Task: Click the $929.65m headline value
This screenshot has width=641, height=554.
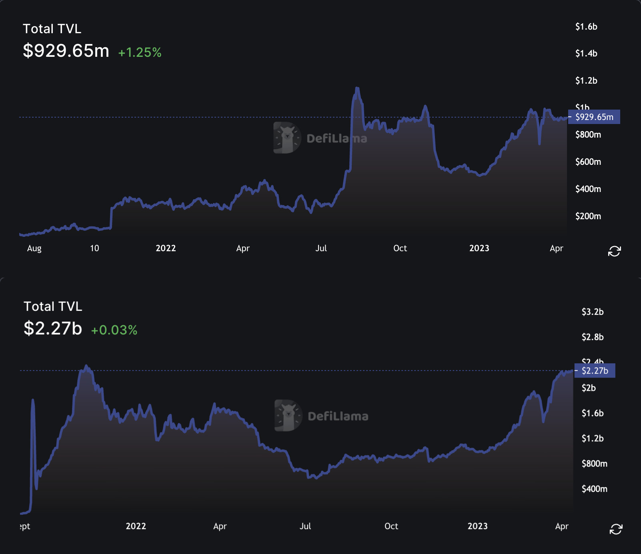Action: pyautogui.click(x=66, y=51)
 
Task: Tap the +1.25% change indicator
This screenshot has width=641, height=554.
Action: pyautogui.click(x=140, y=52)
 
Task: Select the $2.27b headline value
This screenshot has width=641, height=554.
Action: pyautogui.click(x=53, y=328)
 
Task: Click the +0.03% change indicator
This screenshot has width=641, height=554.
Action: pyautogui.click(x=114, y=330)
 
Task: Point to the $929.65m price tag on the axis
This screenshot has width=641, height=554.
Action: pyautogui.click(x=594, y=117)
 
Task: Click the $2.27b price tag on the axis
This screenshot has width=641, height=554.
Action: pyautogui.click(x=595, y=370)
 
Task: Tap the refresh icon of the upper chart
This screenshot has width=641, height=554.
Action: pyautogui.click(x=614, y=251)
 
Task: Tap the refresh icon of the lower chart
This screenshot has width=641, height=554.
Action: pyautogui.click(x=616, y=529)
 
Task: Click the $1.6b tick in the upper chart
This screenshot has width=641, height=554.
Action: pyautogui.click(x=586, y=27)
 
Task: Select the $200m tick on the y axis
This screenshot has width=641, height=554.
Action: pyautogui.click(x=588, y=216)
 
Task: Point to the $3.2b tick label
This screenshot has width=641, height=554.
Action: pyautogui.click(x=592, y=312)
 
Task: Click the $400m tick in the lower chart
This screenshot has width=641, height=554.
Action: pyautogui.click(x=594, y=489)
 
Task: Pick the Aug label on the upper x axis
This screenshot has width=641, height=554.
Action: pyautogui.click(x=34, y=248)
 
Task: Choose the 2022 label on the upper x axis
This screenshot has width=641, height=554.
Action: pyautogui.click(x=166, y=248)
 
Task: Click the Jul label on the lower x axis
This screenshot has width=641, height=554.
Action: pyautogui.click(x=305, y=526)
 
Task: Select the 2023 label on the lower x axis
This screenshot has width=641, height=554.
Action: pyautogui.click(x=477, y=526)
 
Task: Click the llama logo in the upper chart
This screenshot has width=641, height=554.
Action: pyautogui.click(x=287, y=138)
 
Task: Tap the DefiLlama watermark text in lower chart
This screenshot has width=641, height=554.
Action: pyautogui.click(x=338, y=416)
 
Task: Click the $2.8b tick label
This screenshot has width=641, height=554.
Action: pyautogui.click(x=592, y=337)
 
